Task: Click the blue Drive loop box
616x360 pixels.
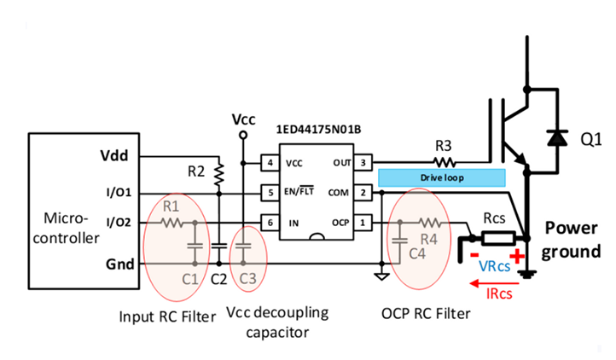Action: tap(442, 177)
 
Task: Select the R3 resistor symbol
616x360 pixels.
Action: tap(444, 160)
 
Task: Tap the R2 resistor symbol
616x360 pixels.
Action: tap(220, 174)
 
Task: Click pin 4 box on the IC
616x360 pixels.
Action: tap(270, 162)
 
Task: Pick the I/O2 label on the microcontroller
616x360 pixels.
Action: tap(119, 224)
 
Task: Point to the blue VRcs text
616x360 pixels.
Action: tap(496, 265)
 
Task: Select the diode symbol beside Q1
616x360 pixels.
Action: tap(558, 137)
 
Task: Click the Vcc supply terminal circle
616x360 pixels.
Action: tap(243, 135)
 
